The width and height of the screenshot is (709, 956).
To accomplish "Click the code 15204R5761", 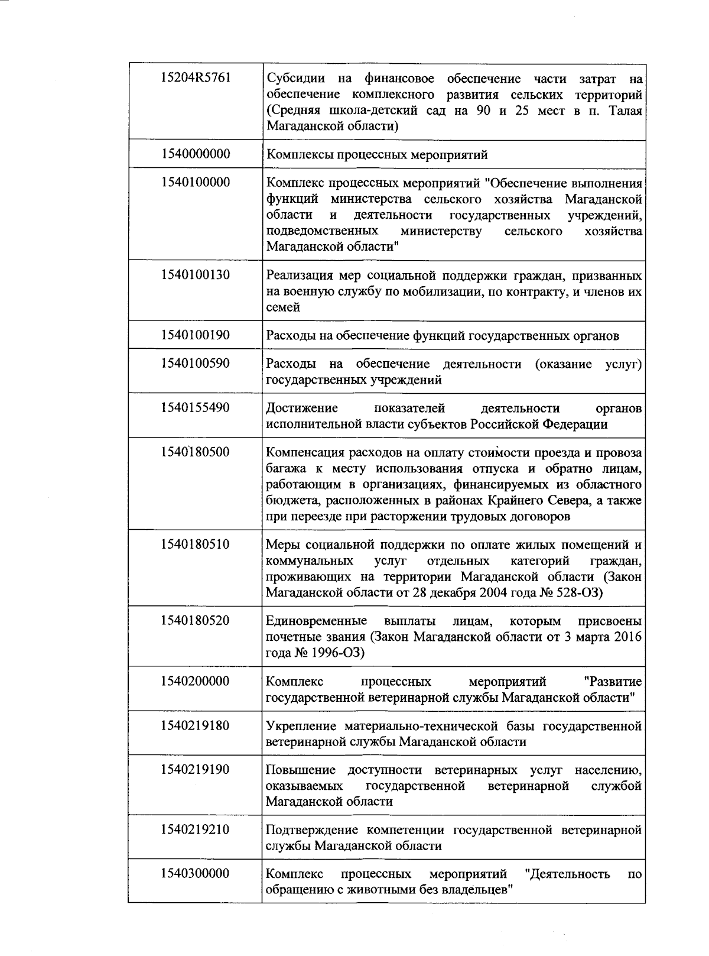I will click(195, 77).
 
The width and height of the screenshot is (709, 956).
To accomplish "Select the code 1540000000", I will click(195, 154).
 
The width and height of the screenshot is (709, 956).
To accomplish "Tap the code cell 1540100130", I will click(195, 274).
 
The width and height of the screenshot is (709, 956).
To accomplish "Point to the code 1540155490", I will click(195, 407).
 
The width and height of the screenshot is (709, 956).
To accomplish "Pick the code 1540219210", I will click(195, 829).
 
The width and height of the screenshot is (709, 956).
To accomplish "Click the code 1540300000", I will click(195, 873).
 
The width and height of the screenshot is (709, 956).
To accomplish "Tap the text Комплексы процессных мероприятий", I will click(377, 155).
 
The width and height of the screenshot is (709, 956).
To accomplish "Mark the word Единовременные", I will click(316, 621).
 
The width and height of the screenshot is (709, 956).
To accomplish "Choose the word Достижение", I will click(302, 408).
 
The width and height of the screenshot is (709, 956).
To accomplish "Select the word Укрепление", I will click(301, 725).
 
